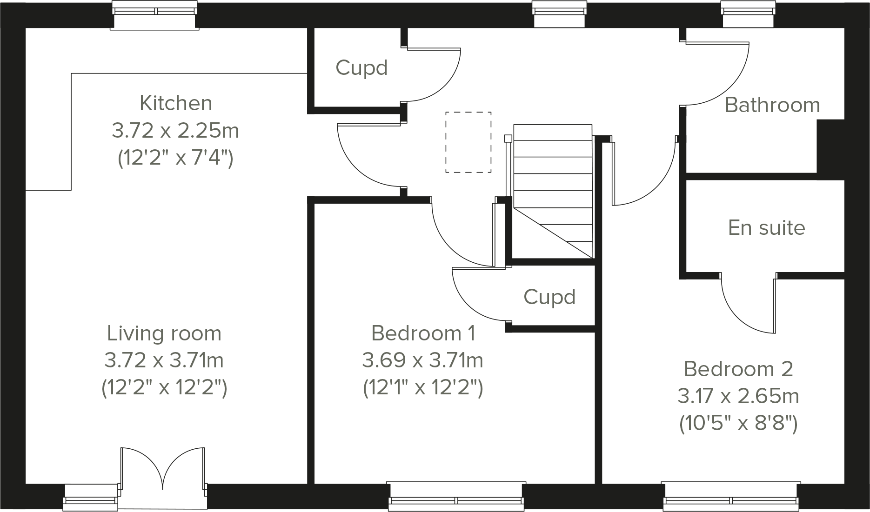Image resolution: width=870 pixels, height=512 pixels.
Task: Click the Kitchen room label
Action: point(176,103)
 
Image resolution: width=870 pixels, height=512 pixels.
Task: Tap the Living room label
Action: point(164,333)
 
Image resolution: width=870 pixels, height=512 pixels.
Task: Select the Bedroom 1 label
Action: point(423,333)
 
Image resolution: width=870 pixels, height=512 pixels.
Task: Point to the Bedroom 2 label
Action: point(738,369)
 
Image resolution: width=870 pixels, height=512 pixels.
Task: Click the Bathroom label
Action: point(772,105)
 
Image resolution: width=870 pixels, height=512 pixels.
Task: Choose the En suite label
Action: point(766,228)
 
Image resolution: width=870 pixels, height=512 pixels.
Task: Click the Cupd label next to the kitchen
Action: point(361,68)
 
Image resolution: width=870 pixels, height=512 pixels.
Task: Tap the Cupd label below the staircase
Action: point(549,297)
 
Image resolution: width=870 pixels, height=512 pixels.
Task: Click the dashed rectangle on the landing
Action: point(468,142)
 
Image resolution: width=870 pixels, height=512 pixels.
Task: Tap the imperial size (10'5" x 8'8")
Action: point(738,424)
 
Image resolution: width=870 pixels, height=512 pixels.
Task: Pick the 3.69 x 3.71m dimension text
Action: point(422,360)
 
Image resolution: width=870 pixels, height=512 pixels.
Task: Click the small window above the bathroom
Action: point(748,14)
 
